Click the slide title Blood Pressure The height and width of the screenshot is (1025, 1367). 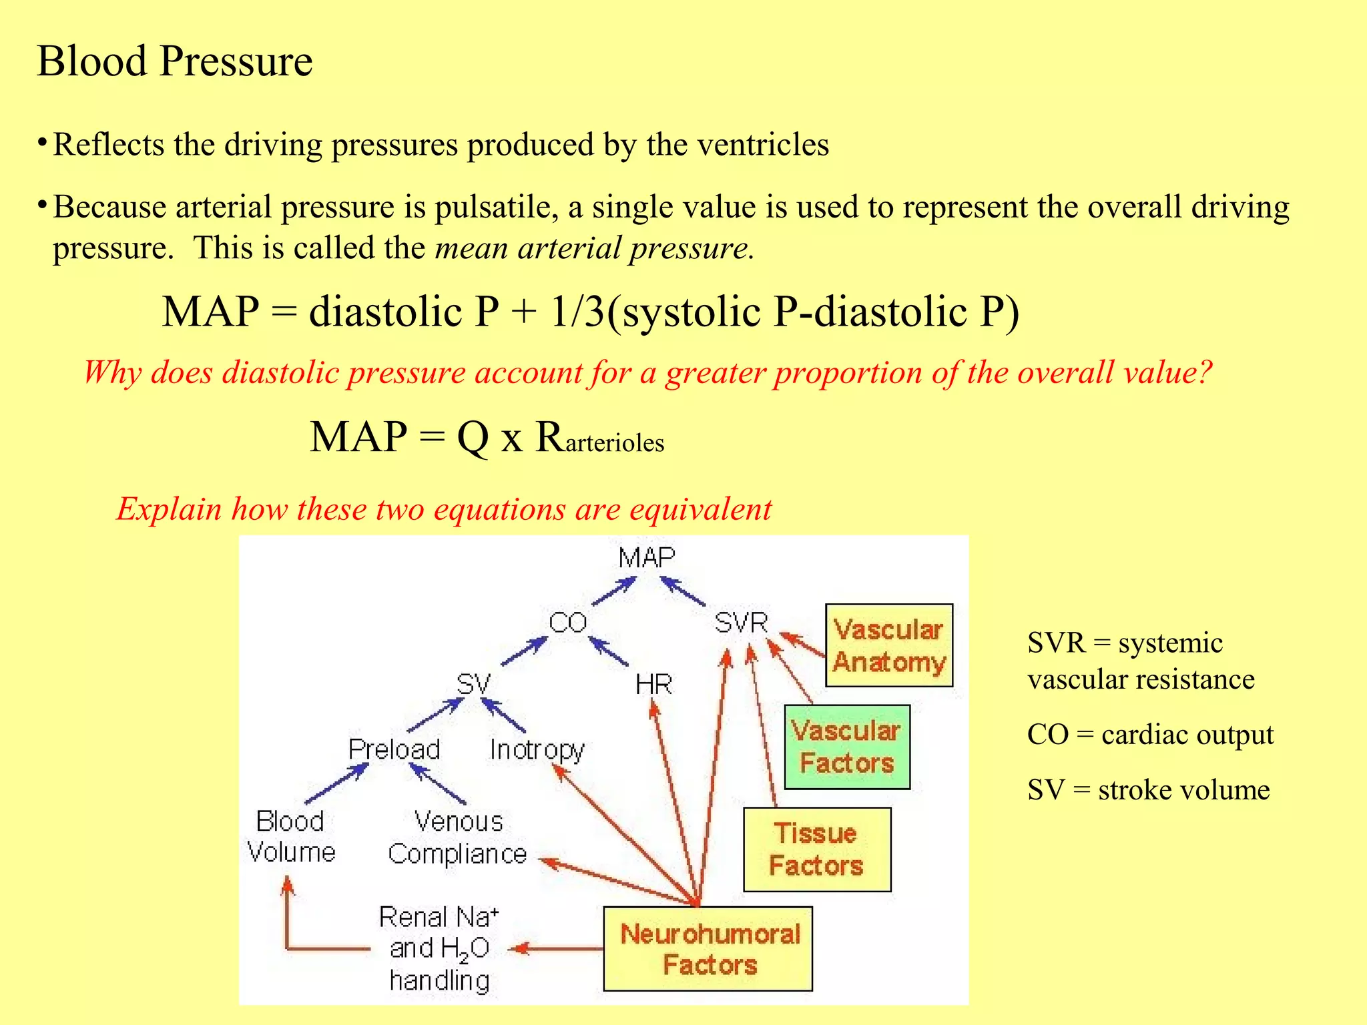pyautogui.click(x=174, y=61)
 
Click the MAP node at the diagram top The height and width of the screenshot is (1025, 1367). pyautogui.click(x=646, y=558)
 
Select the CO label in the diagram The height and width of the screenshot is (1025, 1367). pyautogui.click(x=567, y=623)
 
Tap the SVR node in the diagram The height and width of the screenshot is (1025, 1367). pyautogui.click(x=741, y=623)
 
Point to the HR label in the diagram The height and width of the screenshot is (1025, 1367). pyautogui.click(x=653, y=685)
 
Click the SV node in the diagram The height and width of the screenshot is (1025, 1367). pyautogui.click(x=473, y=685)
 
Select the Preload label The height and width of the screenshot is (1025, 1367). pyautogui.click(x=394, y=749)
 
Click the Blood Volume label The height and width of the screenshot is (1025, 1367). pyautogui.click(x=290, y=837)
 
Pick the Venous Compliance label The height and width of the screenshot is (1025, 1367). pyautogui.click(x=458, y=837)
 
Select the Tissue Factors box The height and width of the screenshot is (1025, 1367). pyautogui.click(x=817, y=849)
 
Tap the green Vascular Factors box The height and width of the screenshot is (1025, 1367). pyautogui.click(x=846, y=747)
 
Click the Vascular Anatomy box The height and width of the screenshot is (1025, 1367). pyautogui.click(x=888, y=645)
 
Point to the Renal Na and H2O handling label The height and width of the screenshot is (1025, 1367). pyautogui.click(x=439, y=948)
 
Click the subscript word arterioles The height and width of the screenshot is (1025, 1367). pyautogui.click(x=615, y=443)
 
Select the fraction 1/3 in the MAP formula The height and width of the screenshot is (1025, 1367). pyautogui.click(x=576, y=312)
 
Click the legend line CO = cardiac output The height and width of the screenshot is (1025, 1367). pyautogui.click(x=1150, y=735)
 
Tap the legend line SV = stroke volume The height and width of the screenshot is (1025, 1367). pyautogui.click(x=1148, y=790)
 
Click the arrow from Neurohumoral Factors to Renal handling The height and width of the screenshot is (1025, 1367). pyautogui.click(x=557, y=948)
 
